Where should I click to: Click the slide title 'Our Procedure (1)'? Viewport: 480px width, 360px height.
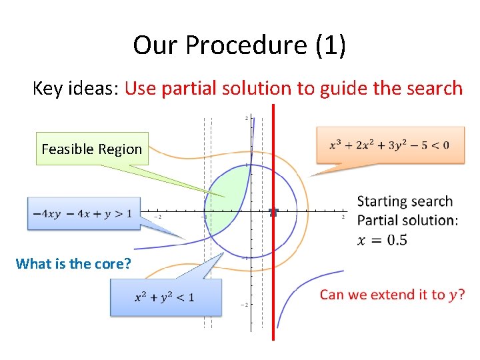click(x=239, y=45)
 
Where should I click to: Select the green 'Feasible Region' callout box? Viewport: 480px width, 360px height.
click(x=92, y=149)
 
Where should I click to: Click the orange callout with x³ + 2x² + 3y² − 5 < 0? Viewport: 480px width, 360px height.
click(x=389, y=145)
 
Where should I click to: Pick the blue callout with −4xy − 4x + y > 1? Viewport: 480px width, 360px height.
click(x=83, y=213)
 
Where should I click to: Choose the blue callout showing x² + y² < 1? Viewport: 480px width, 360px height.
click(x=165, y=297)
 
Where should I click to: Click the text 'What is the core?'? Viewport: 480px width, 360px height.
click(x=73, y=263)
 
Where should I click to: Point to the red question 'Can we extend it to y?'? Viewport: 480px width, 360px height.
click(x=393, y=294)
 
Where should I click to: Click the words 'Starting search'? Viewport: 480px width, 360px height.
click(x=405, y=201)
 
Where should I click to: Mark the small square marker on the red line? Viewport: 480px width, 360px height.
click(x=273, y=212)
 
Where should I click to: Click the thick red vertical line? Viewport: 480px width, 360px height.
click(x=273, y=280)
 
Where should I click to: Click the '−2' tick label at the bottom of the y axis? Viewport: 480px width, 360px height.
click(x=245, y=305)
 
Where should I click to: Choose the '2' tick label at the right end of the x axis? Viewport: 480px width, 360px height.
click(x=343, y=217)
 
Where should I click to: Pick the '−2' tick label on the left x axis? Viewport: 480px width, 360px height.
click(x=159, y=217)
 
